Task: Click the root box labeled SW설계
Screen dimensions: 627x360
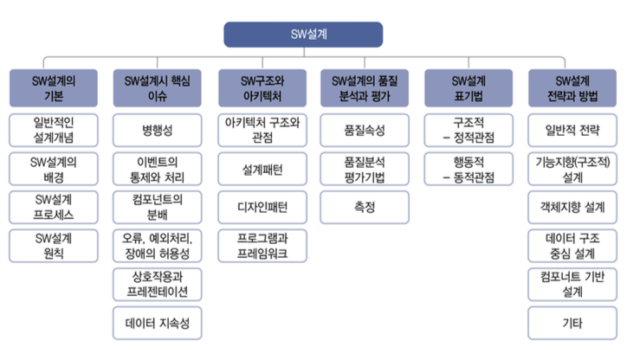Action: [x=303, y=35]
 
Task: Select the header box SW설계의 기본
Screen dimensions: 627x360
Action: [x=54, y=88]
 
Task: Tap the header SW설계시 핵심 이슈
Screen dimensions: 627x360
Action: [x=157, y=88]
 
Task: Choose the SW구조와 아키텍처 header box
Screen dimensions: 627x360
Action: [x=262, y=88]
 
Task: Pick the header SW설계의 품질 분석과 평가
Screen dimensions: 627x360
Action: [x=365, y=88]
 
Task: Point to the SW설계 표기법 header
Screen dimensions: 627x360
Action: [x=469, y=88]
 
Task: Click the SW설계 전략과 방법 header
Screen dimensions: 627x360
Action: [x=572, y=88]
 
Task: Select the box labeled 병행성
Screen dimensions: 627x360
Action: [x=157, y=131]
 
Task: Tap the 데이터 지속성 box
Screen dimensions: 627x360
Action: [x=157, y=324]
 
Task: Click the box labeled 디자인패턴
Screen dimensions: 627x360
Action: [x=262, y=208]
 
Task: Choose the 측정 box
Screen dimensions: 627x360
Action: [x=365, y=208]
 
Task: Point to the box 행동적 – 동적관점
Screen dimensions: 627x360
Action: [x=469, y=169]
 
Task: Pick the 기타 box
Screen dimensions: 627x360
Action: [x=572, y=324]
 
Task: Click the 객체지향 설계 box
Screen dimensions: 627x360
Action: [x=572, y=208]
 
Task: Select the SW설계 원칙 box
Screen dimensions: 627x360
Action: [x=54, y=246]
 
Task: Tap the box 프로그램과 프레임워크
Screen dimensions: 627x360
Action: [x=262, y=246]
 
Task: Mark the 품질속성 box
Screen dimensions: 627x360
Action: [x=365, y=131]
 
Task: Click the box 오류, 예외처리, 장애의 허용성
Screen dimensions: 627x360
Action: [x=157, y=246]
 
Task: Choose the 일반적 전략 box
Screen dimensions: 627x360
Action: [x=572, y=131]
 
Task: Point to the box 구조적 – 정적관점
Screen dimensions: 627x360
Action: [x=469, y=131]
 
